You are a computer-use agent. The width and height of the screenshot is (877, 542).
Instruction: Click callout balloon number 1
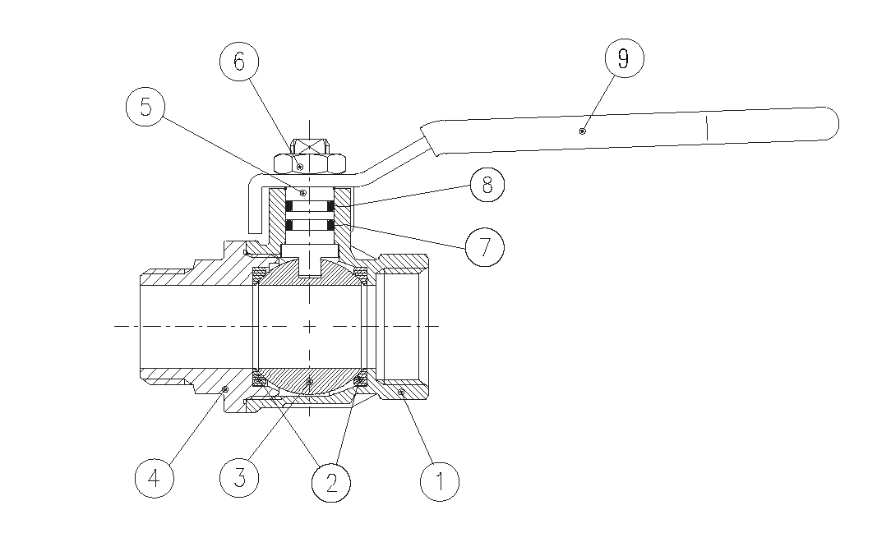(440, 481)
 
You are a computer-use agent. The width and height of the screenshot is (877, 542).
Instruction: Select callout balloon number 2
(331, 482)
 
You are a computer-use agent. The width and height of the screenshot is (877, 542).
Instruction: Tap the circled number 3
(239, 478)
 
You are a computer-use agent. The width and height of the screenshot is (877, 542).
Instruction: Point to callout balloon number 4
(155, 478)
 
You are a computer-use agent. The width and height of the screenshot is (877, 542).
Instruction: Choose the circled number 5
(145, 106)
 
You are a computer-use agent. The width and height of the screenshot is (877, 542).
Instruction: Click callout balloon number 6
(239, 61)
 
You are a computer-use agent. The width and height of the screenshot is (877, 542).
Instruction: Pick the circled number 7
(485, 246)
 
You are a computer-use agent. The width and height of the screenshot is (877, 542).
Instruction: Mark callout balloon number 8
(487, 185)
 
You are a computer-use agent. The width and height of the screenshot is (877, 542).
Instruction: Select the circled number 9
(624, 58)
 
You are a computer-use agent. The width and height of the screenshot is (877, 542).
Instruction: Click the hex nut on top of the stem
(309, 163)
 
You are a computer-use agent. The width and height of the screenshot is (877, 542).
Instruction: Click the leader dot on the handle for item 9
(582, 131)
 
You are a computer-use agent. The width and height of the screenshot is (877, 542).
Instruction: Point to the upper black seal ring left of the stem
(289, 205)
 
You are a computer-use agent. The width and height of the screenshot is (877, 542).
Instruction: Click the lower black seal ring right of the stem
(330, 225)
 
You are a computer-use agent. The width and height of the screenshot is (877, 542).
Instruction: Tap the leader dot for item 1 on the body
(401, 393)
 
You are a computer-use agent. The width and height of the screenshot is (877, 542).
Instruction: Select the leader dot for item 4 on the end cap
(225, 388)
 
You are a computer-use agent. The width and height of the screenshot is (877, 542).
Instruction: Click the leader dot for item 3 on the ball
(309, 382)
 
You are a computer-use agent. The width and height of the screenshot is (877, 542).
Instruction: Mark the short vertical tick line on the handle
(708, 127)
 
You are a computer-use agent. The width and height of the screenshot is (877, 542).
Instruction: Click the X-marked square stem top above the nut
(309, 146)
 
